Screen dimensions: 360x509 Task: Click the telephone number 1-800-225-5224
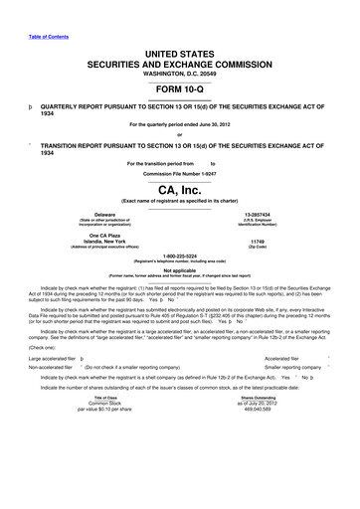(x=179, y=254)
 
